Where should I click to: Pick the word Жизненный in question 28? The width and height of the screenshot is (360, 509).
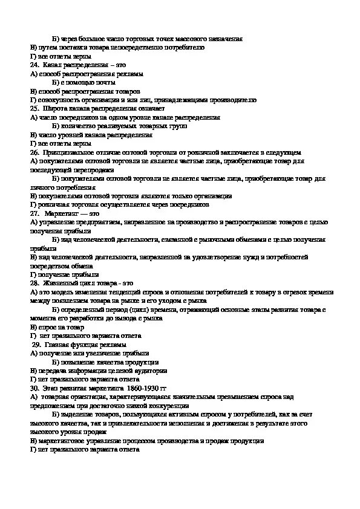[x=61, y=283]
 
